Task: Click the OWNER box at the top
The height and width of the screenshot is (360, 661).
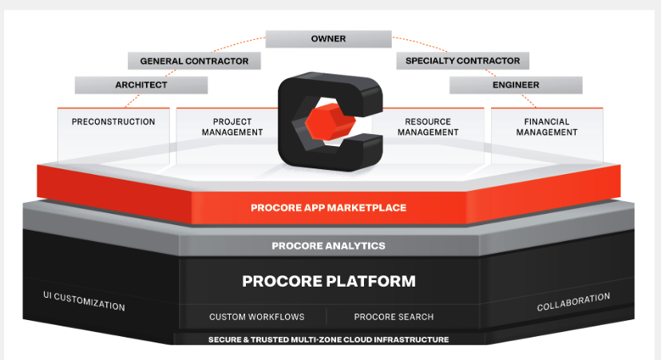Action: click(x=328, y=39)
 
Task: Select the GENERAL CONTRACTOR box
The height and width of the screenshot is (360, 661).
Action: click(x=194, y=61)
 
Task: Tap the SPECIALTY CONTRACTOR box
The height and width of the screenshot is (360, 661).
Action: click(x=462, y=61)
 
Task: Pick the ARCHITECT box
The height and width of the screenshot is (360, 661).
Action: click(x=141, y=85)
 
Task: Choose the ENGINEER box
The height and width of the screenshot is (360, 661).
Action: click(x=516, y=85)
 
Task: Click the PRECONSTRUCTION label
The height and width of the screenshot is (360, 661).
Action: click(x=113, y=122)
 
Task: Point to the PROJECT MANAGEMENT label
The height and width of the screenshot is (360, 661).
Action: click(x=232, y=127)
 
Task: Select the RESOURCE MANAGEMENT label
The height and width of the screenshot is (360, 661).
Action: click(x=428, y=127)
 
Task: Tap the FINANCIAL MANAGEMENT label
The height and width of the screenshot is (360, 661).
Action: click(x=547, y=127)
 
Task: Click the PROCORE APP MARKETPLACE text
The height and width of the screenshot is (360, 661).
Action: click(x=328, y=208)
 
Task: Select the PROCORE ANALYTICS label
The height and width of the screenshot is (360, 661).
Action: click(x=328, y=246)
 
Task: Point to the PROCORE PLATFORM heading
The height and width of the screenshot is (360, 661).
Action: click(x=329, y=281)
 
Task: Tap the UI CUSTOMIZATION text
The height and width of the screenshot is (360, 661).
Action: click(x=84, y=301)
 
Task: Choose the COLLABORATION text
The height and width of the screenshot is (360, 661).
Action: click(x=573, y=302)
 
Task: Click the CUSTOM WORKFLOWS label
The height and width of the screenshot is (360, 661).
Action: click(x=257, y=317)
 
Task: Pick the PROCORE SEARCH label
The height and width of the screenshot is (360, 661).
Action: click(x=394, y=317)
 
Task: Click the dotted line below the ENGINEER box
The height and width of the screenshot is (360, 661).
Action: click(x=528, y=101)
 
